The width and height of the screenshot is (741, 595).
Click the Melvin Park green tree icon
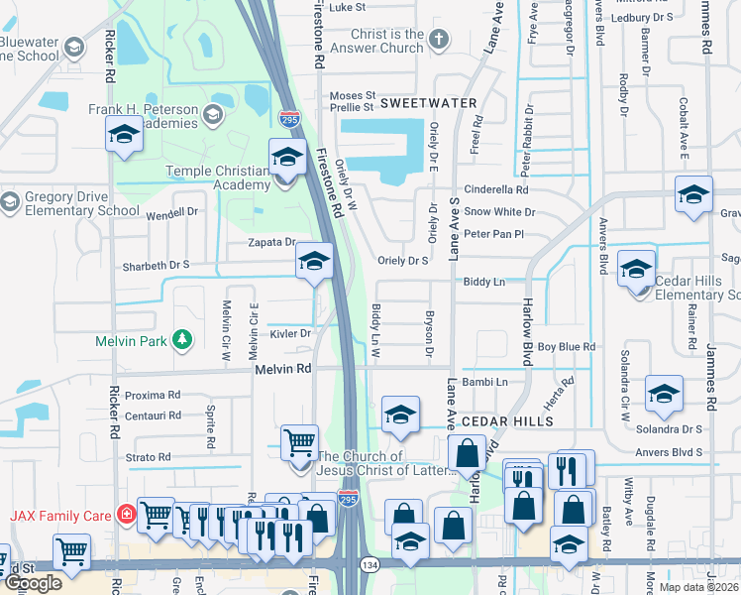click(x=181, y=340)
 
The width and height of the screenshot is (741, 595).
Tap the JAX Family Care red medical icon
click(x=126, y=515)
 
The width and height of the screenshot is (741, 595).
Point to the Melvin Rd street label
click(x=283, y=368)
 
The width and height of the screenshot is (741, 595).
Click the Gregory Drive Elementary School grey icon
click(x=10, y=202)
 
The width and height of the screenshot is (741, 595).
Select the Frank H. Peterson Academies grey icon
click(x=212, y=116)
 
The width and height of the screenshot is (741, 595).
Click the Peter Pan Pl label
click(x=492, y=234)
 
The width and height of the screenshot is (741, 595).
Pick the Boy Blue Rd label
click(x=566, y=347)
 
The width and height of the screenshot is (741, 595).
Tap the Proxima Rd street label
click(x=152, y=395)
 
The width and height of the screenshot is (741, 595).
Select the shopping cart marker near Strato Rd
click(x=299, y=441)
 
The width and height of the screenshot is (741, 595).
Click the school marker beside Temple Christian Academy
click(x=287, y=158)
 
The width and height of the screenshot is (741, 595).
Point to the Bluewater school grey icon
click(x=73, y=48)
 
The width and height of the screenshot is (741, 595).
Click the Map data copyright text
click(x=696, y=587)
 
